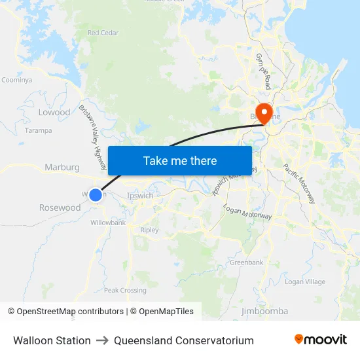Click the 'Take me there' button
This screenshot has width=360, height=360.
180,160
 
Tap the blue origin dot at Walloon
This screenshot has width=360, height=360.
96,194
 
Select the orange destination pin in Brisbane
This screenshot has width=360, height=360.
264,113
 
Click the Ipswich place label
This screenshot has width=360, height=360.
140,195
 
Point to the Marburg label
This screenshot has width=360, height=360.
62,168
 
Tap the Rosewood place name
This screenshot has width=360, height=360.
60,207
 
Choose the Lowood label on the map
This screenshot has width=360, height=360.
54,112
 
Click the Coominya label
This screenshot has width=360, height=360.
17,80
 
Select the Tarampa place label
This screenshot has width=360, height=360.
38,130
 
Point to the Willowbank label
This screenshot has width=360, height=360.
108,223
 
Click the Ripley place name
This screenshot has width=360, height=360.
150,230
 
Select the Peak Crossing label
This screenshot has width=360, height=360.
125,290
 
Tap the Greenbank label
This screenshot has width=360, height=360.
246,262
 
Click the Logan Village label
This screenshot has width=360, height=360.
305,281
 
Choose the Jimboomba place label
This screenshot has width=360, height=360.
265,311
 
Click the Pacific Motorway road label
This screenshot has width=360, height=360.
299,183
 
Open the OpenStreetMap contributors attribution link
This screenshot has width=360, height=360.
65,312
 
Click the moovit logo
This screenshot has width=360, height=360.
321,340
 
